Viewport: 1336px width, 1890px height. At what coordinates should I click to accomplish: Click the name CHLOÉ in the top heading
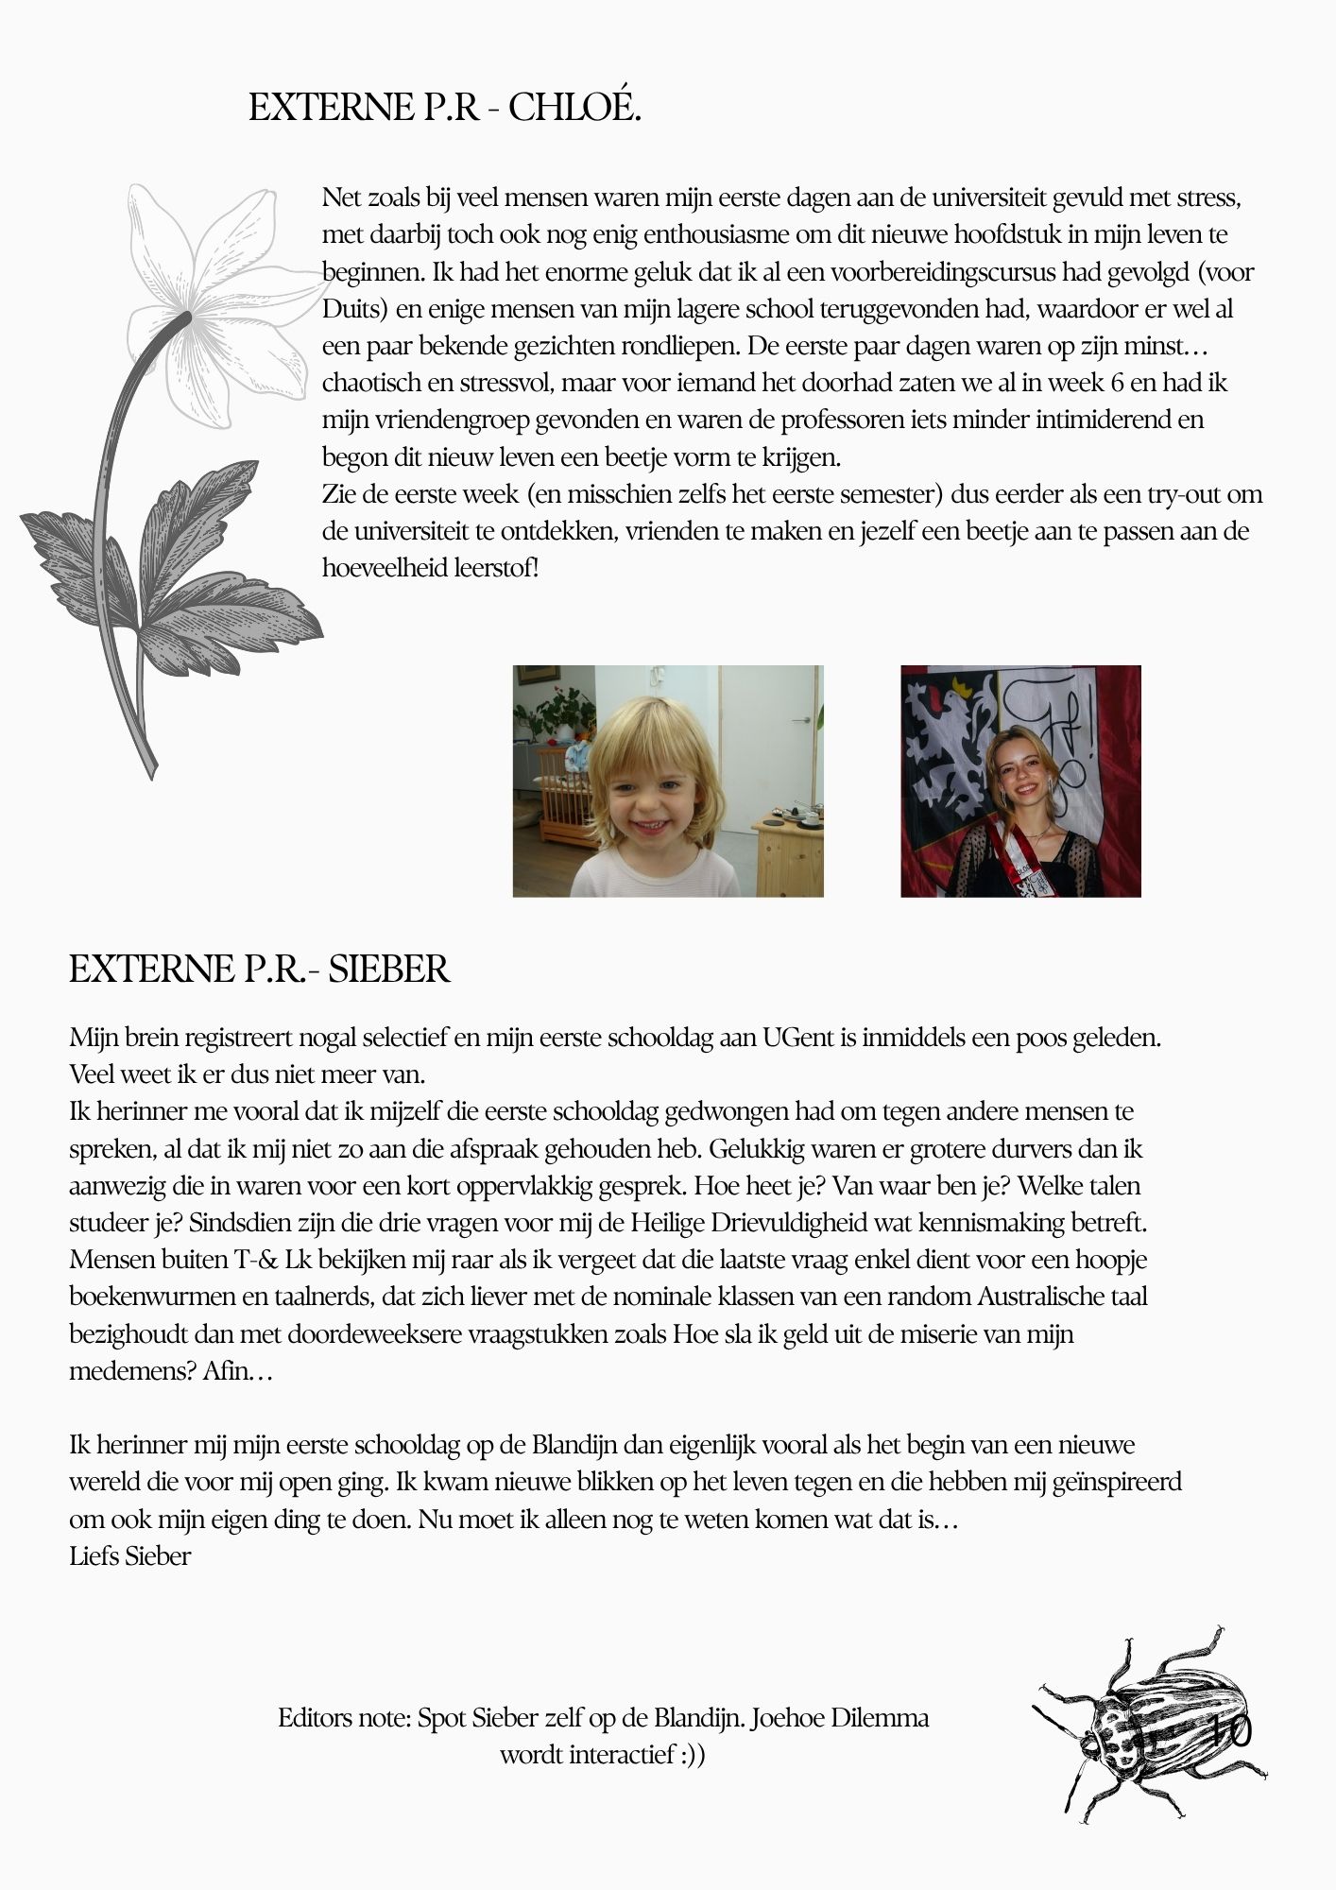point(574,109)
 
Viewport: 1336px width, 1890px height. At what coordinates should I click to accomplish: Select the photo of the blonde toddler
point(668,781)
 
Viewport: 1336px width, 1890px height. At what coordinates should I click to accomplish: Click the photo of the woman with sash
point(1020,781)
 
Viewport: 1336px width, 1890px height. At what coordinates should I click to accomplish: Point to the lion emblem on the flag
point(946,747)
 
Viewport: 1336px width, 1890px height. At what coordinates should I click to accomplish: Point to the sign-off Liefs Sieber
point(130,1556)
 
